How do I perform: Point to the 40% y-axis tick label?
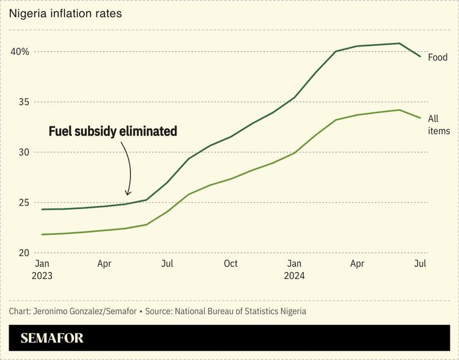[x=20, y=52]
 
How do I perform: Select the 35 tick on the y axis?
[x=23, y=102]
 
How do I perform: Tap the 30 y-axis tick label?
[x=23, y=152]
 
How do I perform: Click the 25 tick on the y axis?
[x=23, y=203]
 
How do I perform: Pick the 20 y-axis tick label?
[x=23, y=253]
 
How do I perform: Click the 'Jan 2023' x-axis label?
[x=42, y=269]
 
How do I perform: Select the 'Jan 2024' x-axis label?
[x=294, y=269]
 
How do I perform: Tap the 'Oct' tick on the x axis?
[x=230, y=264]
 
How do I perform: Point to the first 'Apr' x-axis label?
[x=104, y=264]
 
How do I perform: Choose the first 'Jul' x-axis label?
[x=167, y=264]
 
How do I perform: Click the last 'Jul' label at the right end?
[x=420, y=264]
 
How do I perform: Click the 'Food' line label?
[x=438, y=57]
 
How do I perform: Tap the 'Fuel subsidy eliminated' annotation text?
[x=112, y=131]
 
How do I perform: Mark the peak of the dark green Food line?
[x=399, y=43]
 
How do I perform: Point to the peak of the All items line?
[x=399, y=110]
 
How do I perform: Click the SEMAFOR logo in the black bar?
[x=52, y=338]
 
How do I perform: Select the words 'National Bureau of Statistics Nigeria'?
[x=240, y=311]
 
